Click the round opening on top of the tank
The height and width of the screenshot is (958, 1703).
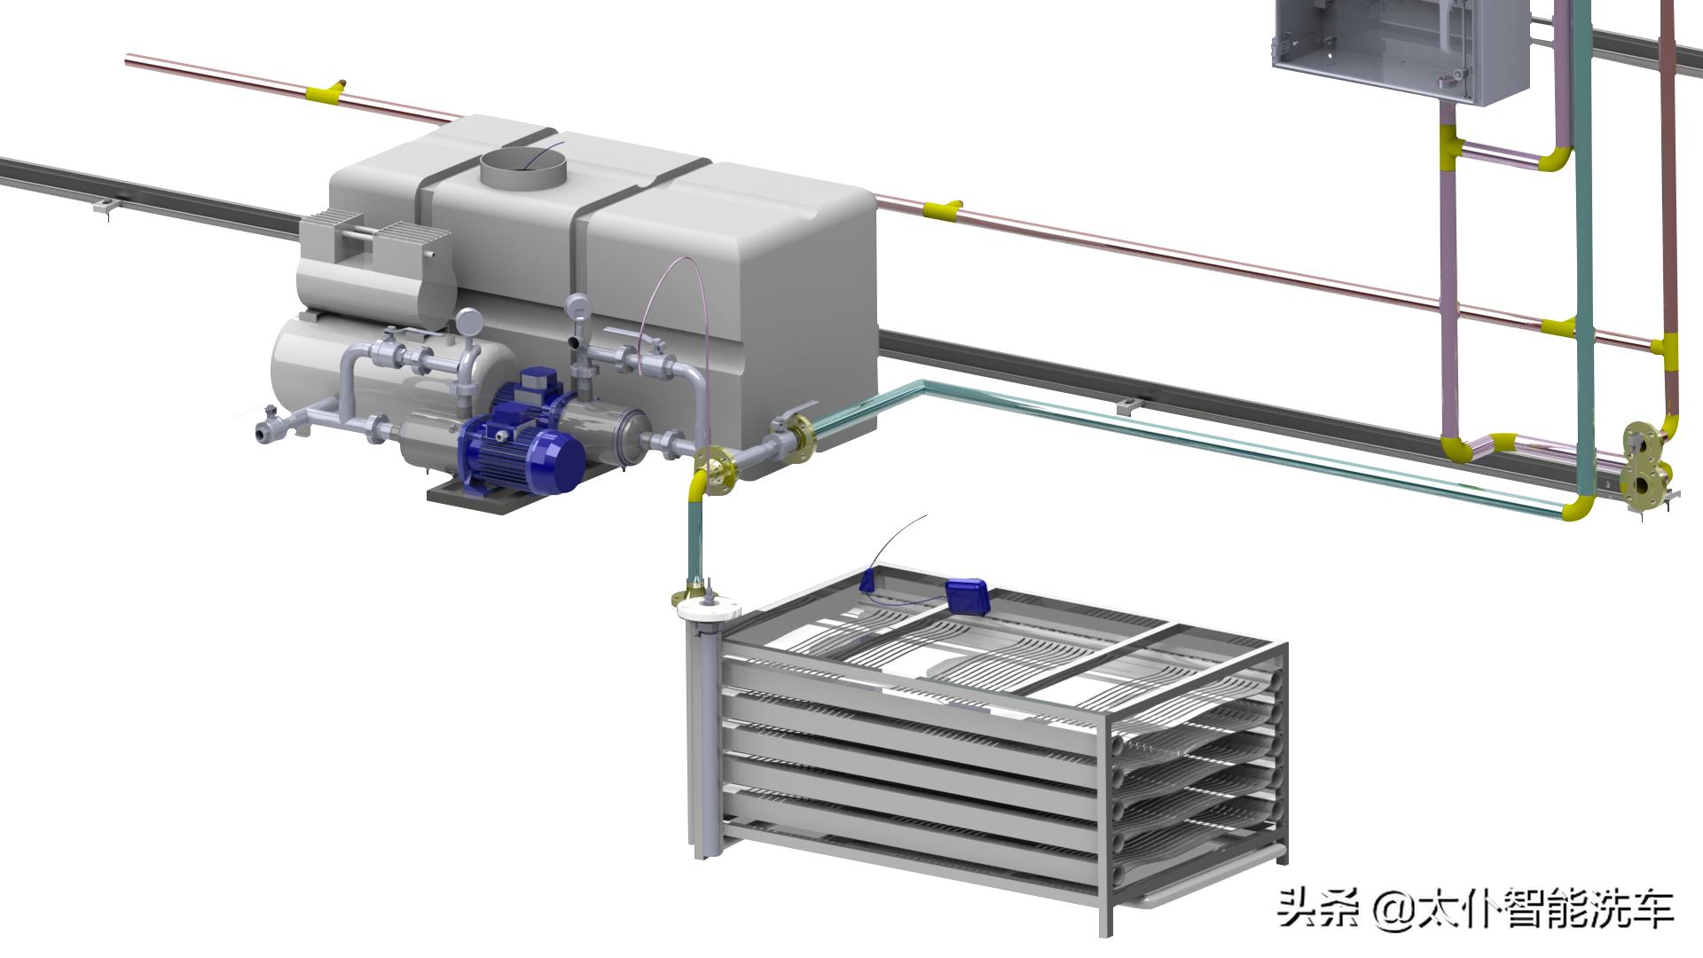[523, 168]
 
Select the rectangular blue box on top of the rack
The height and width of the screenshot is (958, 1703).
[968, 595]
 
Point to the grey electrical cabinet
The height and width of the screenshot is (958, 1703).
[1401, 49]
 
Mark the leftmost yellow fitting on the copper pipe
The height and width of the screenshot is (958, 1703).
[325, 90]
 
